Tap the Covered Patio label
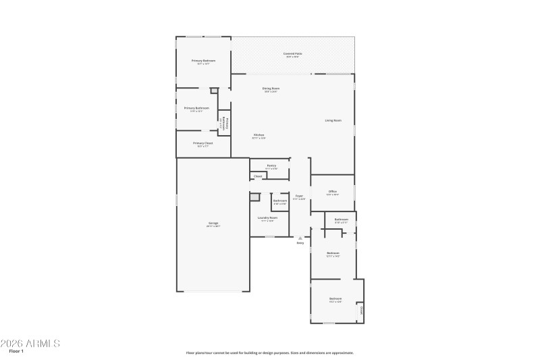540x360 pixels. click(293, 53)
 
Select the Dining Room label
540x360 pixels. click(271, 88)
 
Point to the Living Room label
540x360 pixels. click(333, 120)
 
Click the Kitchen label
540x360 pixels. click(259, 135)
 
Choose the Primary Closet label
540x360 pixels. click(202, 143)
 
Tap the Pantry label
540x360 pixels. click(271, 165)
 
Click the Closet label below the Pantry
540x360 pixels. click(258, 176)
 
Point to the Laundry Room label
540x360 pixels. click(267, 217)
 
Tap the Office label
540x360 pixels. click(333, 191)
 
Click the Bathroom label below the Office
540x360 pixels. click(342, 219)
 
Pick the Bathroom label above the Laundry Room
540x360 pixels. click(280, 201)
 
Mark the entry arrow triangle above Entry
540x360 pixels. click(300, 238)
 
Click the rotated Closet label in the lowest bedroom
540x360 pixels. click(361, 311)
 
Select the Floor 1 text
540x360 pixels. click(16, 351)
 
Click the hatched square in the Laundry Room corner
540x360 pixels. click(255, 197)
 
